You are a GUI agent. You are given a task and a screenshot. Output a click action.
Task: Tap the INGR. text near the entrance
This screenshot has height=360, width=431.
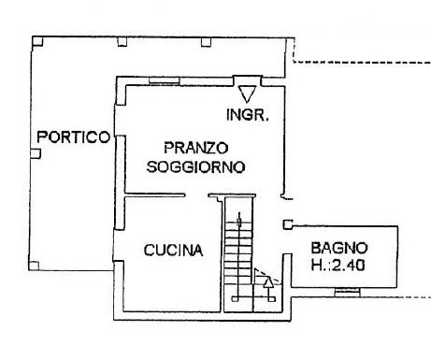(x=249, y=116)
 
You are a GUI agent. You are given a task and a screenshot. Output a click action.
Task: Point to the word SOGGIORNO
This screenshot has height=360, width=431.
(x=196, y=167)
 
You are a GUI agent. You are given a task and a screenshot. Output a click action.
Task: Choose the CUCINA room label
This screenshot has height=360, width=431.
(x=174, y=250)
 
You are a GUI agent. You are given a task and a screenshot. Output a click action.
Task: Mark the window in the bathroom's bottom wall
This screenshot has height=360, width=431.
(x=347, y=293)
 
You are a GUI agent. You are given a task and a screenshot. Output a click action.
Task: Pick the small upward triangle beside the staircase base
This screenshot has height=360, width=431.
(x=269, y=280)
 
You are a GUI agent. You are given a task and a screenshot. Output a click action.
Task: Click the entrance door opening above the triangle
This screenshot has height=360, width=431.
(x=247, y=80)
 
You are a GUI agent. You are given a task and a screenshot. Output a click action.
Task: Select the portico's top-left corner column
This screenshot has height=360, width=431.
(x=36, y=40)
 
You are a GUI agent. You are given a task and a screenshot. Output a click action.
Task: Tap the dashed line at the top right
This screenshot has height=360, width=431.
(x=360, y=62)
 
